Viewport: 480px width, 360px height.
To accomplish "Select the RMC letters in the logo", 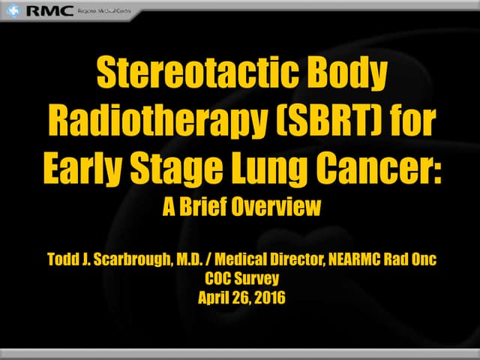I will pos(49,11).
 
